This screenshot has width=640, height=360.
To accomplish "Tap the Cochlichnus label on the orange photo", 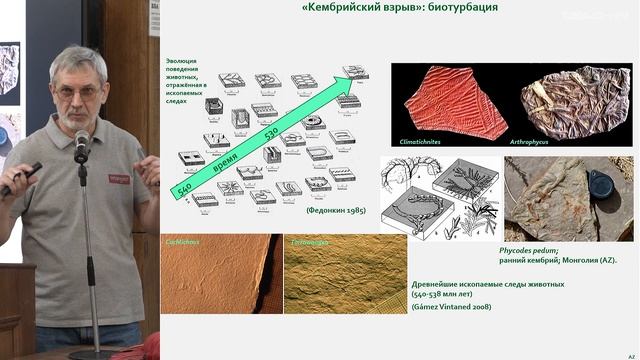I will pyautogui.click(x=184, y=243).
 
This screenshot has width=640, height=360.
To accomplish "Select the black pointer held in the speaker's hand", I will pyautogui.click(x=20, y=178).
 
